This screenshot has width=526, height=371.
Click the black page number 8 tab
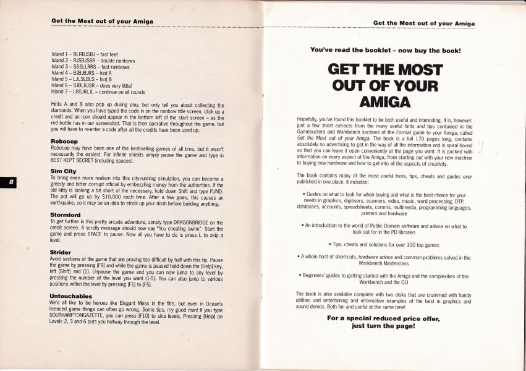point(11,182)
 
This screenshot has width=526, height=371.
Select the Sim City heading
point(63,170)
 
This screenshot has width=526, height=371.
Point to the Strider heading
point(61,252)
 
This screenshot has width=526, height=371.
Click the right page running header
point(424,23)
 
